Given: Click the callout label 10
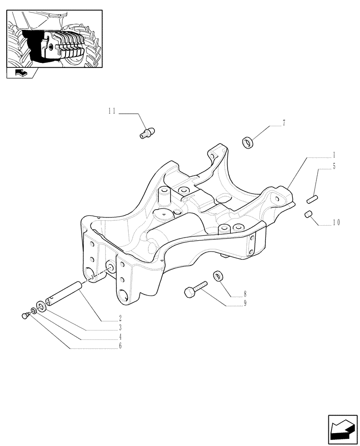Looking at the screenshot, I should (x=335, y=222).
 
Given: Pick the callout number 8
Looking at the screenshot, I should (x=244, y=294).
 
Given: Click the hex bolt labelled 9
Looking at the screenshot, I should (x=194, y=289).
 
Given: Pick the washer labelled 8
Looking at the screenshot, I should (x=218, y=275).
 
